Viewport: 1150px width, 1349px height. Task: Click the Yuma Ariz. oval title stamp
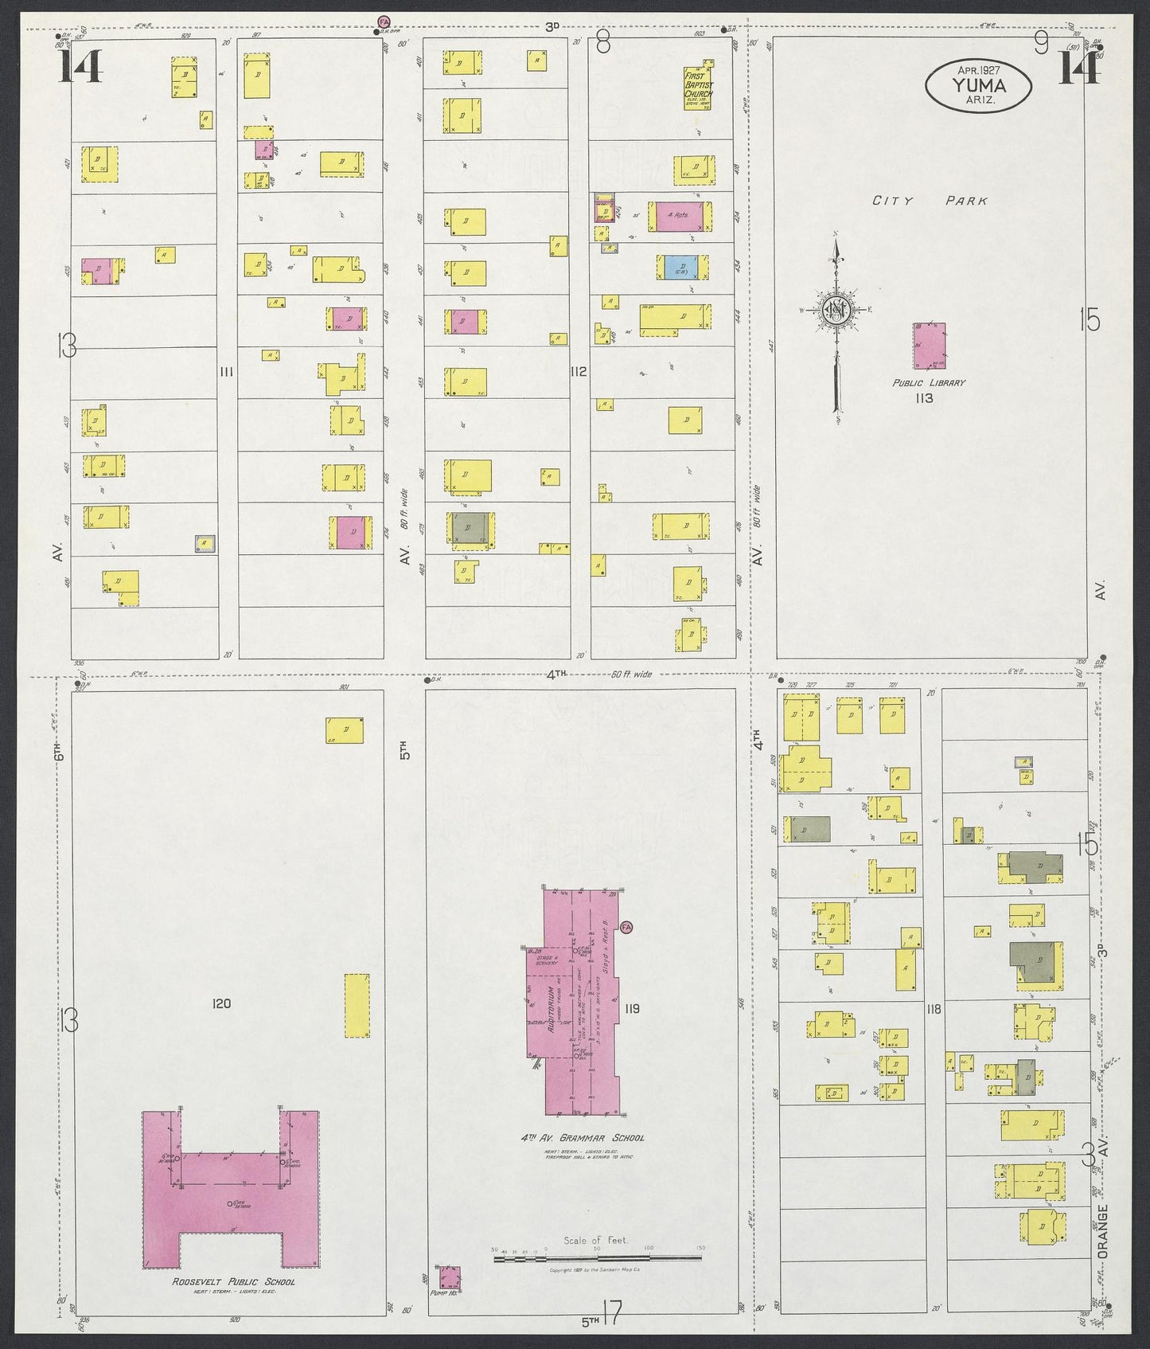[978, 85]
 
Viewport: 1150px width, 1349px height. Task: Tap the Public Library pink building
[930, 346]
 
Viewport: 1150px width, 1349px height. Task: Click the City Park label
[930, 201]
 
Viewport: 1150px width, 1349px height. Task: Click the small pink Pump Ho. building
[450, 1279]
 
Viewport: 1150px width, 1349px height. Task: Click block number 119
[632, 1008]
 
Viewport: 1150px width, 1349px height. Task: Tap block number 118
[934, 1009]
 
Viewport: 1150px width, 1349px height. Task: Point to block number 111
[228, 370]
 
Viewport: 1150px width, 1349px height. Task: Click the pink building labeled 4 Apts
[679, 216]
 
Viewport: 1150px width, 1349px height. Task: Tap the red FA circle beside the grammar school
[626, 927]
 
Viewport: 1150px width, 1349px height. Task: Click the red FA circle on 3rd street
[384, 22]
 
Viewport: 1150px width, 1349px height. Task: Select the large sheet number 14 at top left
[80, 66]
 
